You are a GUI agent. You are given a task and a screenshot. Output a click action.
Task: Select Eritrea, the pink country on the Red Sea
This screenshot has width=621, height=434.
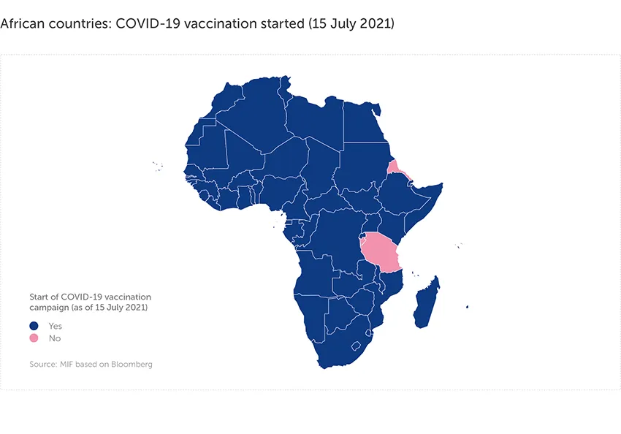coord(395,168)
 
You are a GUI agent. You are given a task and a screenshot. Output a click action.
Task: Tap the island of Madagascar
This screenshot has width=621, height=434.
coord(426,304)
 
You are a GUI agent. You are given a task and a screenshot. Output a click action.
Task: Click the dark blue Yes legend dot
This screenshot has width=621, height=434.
coord(34,326)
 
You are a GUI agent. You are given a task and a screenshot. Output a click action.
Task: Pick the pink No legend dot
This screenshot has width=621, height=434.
coord(34,338)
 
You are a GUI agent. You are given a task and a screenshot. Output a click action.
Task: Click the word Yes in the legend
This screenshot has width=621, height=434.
coord(56,326)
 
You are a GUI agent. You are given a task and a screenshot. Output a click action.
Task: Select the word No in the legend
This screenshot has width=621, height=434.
coord(54,338)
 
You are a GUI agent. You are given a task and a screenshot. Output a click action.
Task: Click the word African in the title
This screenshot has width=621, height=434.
coord(24,24)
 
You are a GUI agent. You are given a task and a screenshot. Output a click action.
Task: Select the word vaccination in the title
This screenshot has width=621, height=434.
coord(216,24)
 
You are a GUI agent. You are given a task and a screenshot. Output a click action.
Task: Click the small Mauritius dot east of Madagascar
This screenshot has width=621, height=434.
coord(467,307)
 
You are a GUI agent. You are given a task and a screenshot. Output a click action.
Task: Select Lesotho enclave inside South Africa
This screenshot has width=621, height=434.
coord(357,346)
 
